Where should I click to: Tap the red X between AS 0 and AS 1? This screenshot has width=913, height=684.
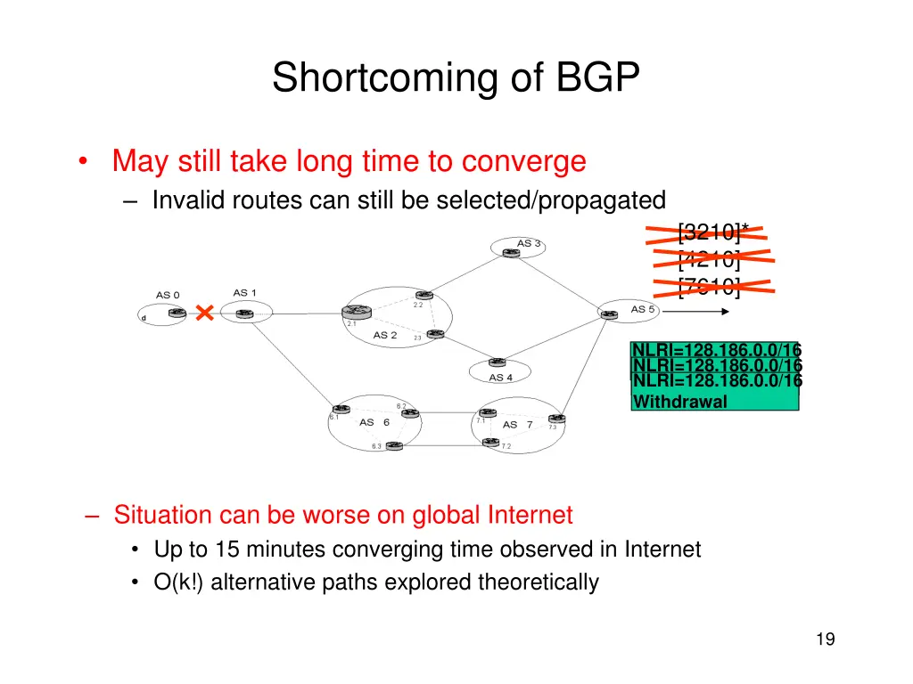(x=205, y=313)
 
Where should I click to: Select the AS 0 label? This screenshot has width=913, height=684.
(x=168, y=295)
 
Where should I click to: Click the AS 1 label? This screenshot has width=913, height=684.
(x=244, y=293)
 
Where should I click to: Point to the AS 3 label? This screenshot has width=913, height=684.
(x=529, y=243)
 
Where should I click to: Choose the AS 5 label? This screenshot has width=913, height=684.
(x=643, y=309)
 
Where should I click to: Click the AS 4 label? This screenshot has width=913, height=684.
(x=501, y=378)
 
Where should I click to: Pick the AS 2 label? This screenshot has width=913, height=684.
(x=385, y=335)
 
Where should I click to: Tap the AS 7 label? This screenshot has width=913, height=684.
(x=517, y=425)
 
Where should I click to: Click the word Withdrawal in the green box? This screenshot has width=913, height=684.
(x=679, y=402)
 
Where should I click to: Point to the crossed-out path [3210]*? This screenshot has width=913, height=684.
(x=711, y=233)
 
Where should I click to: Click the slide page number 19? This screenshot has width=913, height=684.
(x=825, y=639)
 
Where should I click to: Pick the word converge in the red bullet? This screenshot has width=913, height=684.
(x=523, y=162)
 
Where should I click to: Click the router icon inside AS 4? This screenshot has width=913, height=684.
(x=497, y=362)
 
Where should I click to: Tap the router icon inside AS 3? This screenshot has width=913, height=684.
(x=510, y=253)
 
